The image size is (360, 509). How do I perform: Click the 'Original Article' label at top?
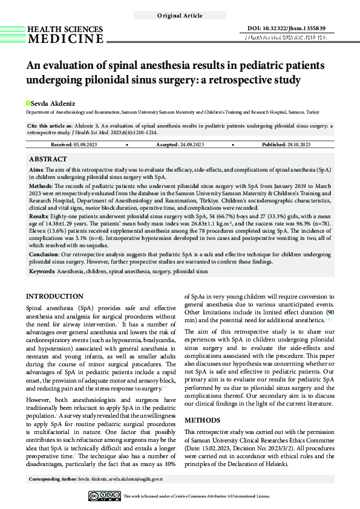pyautogui.click(x=180, y=15)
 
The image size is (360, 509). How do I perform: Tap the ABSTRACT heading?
pyautogui.click(x=48, y=159)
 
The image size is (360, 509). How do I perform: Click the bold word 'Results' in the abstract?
pyautogui.click(x=39, y=216)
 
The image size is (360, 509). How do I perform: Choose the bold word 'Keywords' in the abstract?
pyautogui.click(x=42, y=273)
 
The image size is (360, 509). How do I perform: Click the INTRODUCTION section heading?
pyautogui.click(x=55, y=297)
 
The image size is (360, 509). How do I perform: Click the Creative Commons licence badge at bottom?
pyautogui.click(x=104, y=496)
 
